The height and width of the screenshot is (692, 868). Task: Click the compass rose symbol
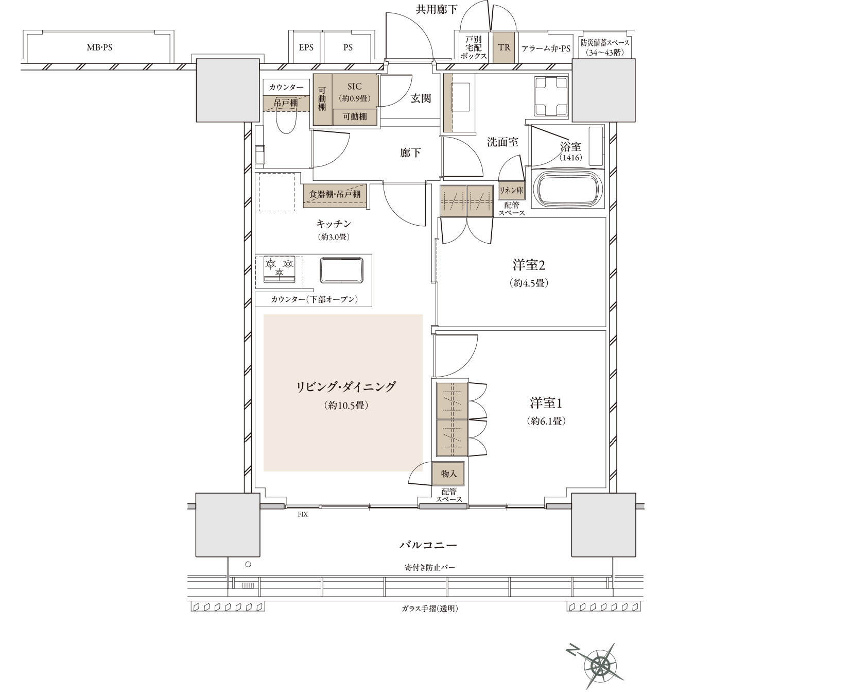[x=599, y=665]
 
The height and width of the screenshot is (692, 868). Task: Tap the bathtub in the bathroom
[x=569, y=188]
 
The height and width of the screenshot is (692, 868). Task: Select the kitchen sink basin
[x=341, y=270]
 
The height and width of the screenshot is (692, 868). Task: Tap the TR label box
[x=504, y=47]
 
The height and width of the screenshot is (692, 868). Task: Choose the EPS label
[x=306, y=47]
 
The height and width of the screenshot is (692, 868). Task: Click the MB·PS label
[x=99, y=47]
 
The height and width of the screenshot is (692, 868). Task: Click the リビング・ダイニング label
[x=346, y=386]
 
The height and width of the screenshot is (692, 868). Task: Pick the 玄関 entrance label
[x=421, y=98]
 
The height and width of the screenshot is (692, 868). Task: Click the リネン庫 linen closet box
[x=511, y=191]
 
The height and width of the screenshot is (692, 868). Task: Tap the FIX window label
[x=302, y=514]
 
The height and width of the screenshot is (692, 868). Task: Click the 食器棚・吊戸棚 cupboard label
[x=335, y=195]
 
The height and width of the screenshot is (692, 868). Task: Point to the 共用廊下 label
[x=437, y=9]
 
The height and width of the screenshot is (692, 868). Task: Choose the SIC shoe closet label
[x=355, y=87]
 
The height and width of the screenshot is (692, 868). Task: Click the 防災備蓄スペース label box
[x=605, y=47]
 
